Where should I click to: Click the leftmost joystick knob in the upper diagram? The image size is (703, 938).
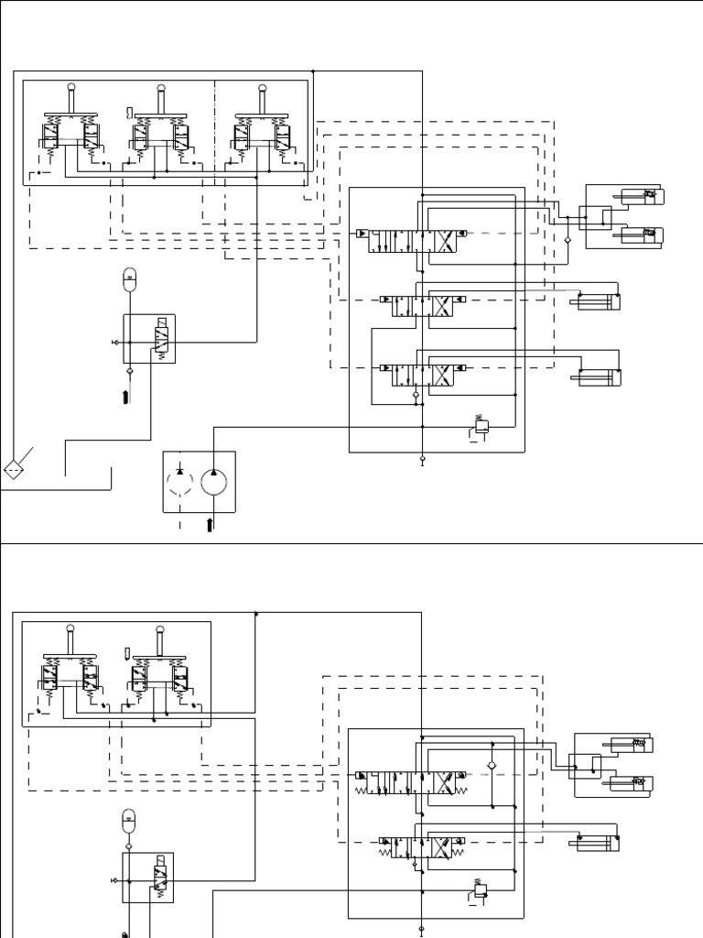pyautogui.click(x=70, y=88)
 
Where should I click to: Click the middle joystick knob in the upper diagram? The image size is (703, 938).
pyautogui.click(x=160, y=88)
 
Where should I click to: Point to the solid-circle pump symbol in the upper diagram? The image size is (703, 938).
pyautogui.click(x=213, y=482)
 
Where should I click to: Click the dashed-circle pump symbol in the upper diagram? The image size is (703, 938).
pyautogui.click(x=180, y=482)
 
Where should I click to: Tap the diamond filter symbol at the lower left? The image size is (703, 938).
pyautogui.click(x=13, y=470)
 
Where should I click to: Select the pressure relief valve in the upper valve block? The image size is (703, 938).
pyautogui.click(x=482, y=424)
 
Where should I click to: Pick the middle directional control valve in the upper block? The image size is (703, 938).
pyautogui.click(x=417, y=306)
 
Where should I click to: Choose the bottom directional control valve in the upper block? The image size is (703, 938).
pyautogui.click(x=417, y=375)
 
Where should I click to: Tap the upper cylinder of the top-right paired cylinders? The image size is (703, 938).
pyautogui.click(x=640, y=196)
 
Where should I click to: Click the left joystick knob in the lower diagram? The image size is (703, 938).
pyautogui.click(x=70, y=628)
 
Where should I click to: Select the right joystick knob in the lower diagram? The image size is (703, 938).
pyautogui.click(x=160, y=628)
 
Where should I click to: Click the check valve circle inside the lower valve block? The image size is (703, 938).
pyautogui.click(x=492, y=764)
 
